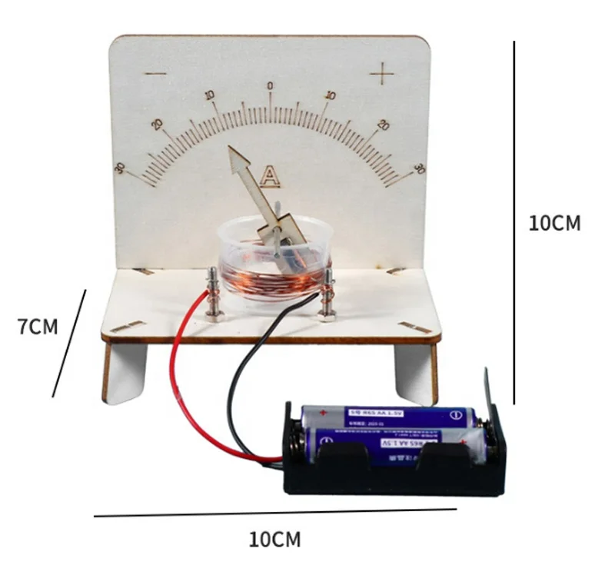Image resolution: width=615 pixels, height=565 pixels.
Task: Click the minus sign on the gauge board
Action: pos(156,75)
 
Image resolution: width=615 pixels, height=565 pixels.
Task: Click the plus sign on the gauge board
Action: pos(381,75)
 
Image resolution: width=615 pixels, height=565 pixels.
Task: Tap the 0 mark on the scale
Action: pos(270,85)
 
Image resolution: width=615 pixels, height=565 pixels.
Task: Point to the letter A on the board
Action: pos(269,177)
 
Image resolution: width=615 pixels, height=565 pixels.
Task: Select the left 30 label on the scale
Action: pos(120,168)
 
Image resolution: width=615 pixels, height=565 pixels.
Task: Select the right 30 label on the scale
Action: pos(419,168)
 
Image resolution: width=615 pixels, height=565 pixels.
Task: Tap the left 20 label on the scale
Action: pos(158,125)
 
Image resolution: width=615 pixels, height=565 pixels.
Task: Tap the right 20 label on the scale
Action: pos(383,125)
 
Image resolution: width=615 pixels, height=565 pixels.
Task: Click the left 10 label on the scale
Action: pos(209,95)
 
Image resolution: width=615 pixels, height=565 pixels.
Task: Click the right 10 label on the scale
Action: pos(331,95)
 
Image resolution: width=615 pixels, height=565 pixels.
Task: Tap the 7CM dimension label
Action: pos(38,326)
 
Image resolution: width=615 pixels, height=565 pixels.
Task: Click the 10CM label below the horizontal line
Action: pos(274,539)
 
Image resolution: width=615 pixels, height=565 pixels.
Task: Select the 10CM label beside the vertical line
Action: pos(554,223)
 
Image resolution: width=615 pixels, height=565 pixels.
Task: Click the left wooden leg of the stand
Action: pos(123,373)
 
